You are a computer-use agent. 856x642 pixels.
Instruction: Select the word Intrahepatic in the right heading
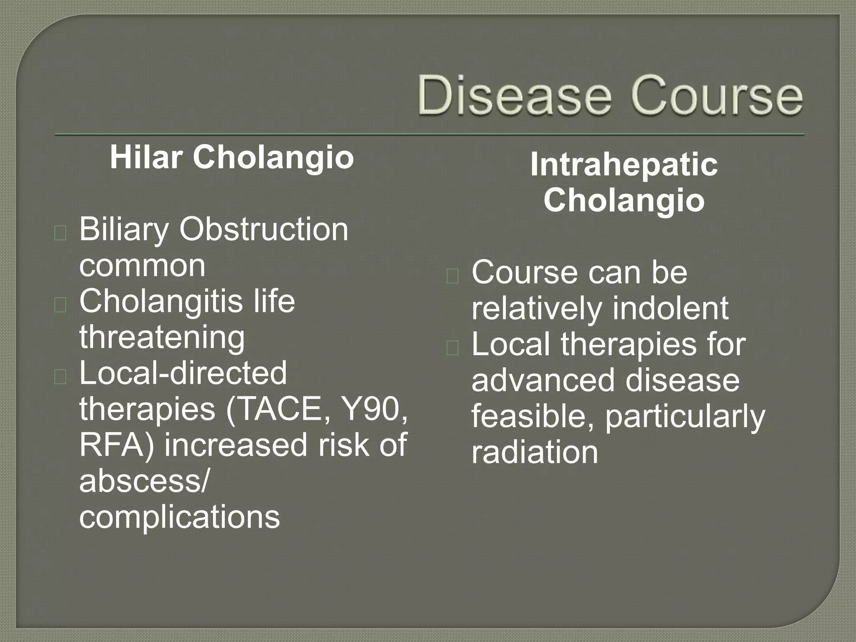pyautogui.click(x=624, y=165)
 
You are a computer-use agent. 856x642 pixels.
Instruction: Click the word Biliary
pyautogui.click(x=124, y=230)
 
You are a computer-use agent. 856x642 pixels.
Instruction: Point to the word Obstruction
pyautogui.click(x=264, y=230)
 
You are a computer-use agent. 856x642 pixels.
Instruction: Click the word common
pyautogui.click(x=142, y=266)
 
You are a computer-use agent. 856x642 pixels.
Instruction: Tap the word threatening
pyautogui.click(x=162, y=337)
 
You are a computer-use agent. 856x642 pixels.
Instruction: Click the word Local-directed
pyautogui.click(x=183, y=373)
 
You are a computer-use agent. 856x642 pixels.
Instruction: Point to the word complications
pyautogui.click(x=179, y=517)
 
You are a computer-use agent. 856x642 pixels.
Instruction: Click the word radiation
pyautogui.click(x=535, y=453)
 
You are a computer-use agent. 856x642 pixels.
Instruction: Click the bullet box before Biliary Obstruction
pyautogui.click(x=60, y=234)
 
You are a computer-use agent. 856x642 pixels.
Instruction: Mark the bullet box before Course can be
pyautogui.click(x=453, y=277)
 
